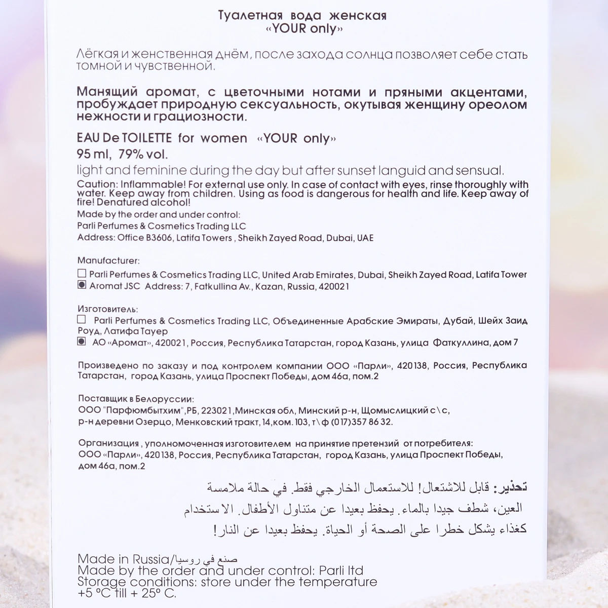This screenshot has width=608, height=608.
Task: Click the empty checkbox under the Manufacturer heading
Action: click(82, 274)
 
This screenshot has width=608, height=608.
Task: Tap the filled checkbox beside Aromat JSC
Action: click(82, 285)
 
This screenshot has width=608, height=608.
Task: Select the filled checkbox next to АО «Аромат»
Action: click(82, 342)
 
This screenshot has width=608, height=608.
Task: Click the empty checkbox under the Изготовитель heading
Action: click(82, 320)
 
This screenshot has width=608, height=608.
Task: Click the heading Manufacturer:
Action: click(108, 261)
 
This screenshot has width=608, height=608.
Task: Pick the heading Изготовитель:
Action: click(107, 309)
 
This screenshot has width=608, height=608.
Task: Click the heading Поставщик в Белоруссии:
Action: click(136, 399)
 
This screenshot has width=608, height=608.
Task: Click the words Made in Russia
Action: click(123, 559)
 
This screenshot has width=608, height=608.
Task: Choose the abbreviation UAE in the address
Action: click(365, 238)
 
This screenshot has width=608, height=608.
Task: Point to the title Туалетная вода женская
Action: click(302, 16)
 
